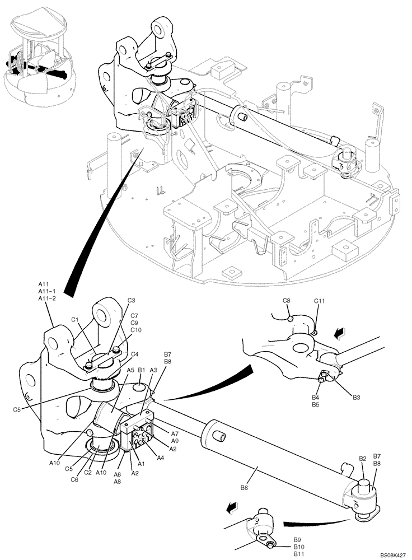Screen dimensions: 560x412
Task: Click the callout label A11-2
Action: pyautogui.click(x=47, y=299)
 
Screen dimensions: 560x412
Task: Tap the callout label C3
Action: pyautogui.click(x=132, y=301)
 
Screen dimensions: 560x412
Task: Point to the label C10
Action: pyautogui.click(x=136, y=330)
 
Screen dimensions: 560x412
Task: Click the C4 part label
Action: pyautogui.click(x=135, y=353)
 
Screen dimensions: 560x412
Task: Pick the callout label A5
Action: pyautogui.click(x=130, y=370)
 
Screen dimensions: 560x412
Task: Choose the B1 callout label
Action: pyautogui.click(x=142, y=370)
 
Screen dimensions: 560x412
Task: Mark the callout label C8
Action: pyautogui.click(x=286, y=301)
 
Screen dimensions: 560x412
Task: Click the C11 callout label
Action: pyautogui.click(x=319, y=301)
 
